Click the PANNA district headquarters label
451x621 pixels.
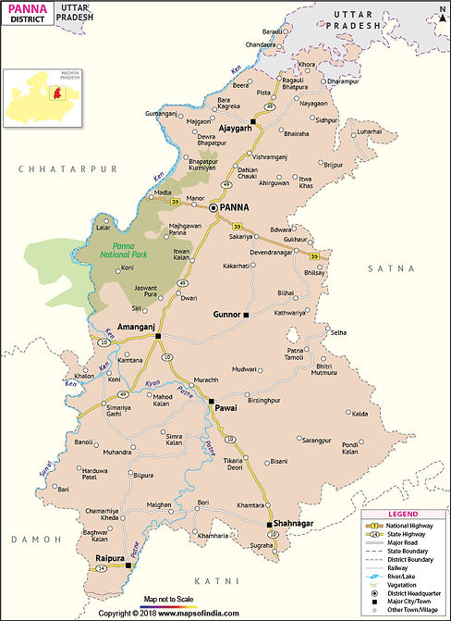click(x=237, y=208)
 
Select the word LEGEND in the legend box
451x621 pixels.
click(x=403, y=514)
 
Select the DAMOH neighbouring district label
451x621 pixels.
click(x=30, y=538)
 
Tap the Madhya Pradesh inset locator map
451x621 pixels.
click(x=42, y=96)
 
